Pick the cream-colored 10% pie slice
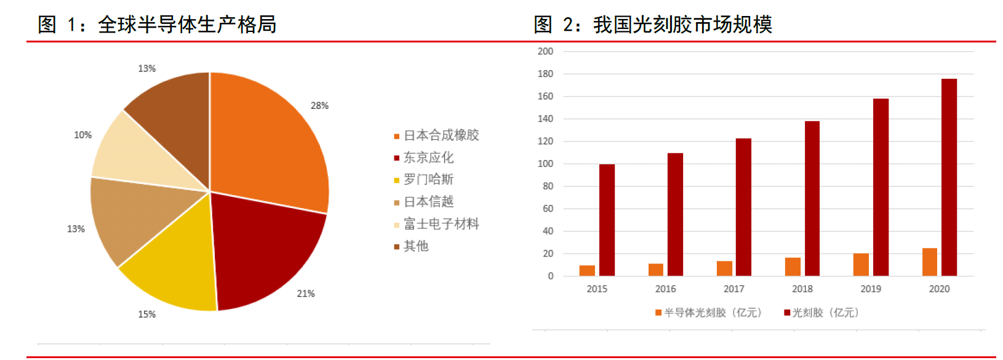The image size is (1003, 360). click(x=142, y=154)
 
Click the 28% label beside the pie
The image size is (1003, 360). click(x=319, y=106)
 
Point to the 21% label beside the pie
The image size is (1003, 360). click(x=306, y=294)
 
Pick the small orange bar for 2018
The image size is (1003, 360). click(x=793, y=266)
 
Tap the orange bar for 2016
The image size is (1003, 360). click(x=656, y=270)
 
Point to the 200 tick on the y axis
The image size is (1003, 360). click(x=545, y=52)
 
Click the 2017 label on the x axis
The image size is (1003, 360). click(x=733, y=289)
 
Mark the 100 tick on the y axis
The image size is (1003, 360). click(x=545, y=164)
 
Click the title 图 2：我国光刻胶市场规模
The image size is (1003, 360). click(x=653, y=25)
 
